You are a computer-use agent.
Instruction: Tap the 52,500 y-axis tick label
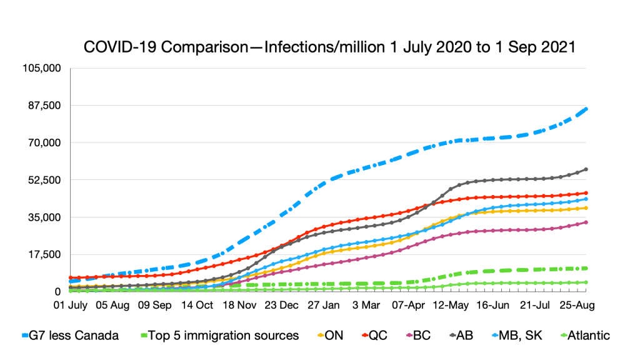coord(44,180)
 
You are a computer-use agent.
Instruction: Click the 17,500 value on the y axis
coord(44,254)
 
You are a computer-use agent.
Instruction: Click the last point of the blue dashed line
coord(586,109)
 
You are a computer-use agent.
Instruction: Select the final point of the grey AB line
coord(586,169)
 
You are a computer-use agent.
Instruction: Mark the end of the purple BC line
coord(586,222)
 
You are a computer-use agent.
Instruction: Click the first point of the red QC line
coord(71,277)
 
